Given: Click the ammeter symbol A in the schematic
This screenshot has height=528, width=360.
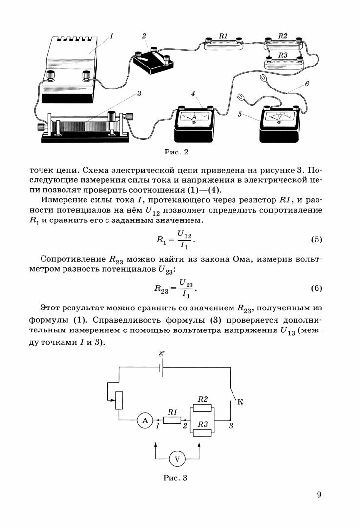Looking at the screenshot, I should [144, 420].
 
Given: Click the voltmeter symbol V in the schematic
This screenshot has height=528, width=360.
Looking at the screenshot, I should [177, 459].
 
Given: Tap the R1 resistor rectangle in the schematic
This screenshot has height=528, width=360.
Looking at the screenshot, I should [172, 420].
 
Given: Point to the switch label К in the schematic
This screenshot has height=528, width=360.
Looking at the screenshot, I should [239, 402].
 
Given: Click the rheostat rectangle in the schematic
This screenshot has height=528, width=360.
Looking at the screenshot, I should [118, 401].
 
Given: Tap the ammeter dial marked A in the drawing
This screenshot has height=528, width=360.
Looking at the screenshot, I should [194, 118].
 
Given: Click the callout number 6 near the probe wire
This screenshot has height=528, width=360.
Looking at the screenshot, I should [306, 84].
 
